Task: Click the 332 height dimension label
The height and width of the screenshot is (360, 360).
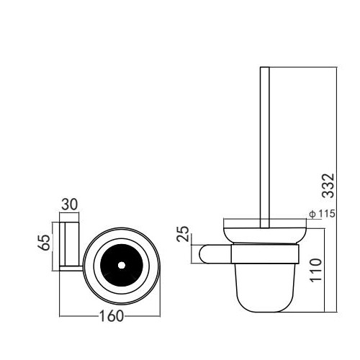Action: [328, 185]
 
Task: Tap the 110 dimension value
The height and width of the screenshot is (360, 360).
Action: [315, 270]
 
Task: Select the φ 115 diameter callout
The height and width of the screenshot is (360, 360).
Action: [323, 213]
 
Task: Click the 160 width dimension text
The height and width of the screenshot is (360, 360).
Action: [112, 316]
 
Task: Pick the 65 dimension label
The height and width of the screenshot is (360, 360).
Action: [45, 242]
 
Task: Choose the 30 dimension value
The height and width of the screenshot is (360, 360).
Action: [70, 204]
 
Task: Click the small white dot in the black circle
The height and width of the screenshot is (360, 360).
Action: [122, 265]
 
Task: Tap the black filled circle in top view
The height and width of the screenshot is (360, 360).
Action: [122, 265]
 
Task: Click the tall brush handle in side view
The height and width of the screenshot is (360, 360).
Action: [265, 147]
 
